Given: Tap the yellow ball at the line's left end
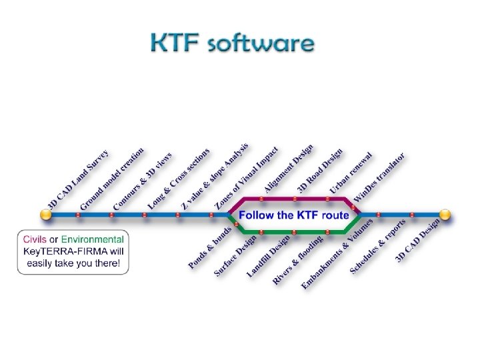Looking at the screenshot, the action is coord(46,215).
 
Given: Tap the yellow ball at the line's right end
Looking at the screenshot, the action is coord(445,215).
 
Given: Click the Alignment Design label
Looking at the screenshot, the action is coord(288,169).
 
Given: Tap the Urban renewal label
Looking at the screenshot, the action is coord(351,172).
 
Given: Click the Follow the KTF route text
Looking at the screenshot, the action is coord(294,215).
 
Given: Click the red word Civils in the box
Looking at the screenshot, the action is coord(35,239).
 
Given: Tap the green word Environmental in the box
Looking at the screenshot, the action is coord(93,239).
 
